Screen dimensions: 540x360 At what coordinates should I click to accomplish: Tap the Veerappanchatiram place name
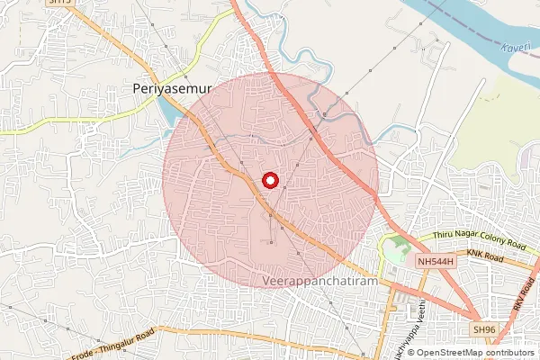point(325,281)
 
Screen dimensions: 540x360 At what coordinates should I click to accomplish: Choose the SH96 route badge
point(485,330)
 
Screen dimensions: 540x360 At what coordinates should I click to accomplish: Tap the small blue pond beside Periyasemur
point(170,112)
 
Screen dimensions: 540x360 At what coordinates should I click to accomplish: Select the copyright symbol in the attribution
point(410,352)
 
